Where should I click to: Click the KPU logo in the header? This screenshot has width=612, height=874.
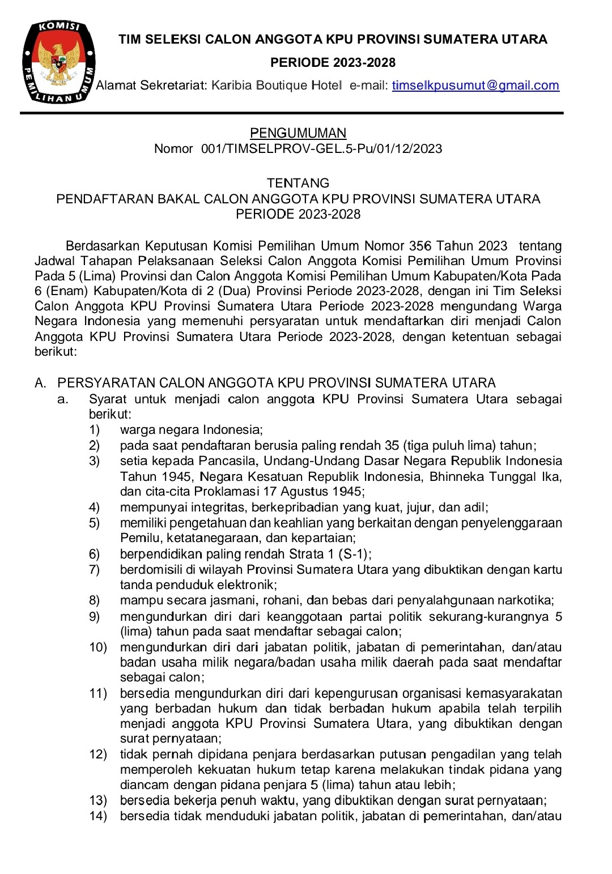58,62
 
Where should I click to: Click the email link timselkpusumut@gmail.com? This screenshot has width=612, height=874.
475,86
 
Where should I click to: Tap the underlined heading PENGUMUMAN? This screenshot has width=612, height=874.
298,133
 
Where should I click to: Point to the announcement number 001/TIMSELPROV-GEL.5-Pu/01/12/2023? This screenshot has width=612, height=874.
321,149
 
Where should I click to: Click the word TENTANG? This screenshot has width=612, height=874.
298,183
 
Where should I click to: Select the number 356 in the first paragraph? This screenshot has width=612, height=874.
420,246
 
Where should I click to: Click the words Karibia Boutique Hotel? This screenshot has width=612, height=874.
277,86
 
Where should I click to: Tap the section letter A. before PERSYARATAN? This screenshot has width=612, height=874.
40,383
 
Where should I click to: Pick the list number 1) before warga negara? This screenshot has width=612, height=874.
94,430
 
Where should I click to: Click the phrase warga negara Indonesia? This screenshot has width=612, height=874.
191,430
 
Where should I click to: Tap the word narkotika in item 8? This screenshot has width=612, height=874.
524,600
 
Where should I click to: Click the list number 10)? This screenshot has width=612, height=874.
97,647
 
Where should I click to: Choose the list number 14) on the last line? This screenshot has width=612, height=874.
97,816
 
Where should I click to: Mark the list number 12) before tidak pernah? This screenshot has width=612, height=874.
97,754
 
